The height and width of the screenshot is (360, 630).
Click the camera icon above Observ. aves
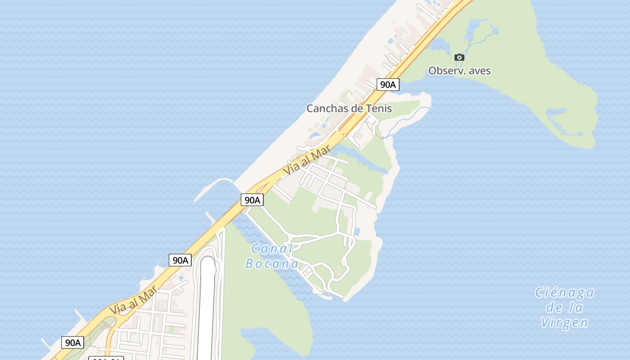tap(459, 57)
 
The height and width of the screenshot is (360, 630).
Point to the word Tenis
tap(379, 108)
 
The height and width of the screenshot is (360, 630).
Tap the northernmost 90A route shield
tap(388, 84)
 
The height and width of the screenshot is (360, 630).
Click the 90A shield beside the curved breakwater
tap(252, 200)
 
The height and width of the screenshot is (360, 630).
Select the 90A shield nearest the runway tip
tap(180, 260)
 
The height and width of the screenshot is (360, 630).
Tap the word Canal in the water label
tap(272, 248)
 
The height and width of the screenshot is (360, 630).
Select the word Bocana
tap(272, 264)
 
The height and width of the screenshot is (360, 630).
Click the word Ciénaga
tap(564, 293)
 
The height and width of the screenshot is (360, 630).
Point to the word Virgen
tap(564, 323)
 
